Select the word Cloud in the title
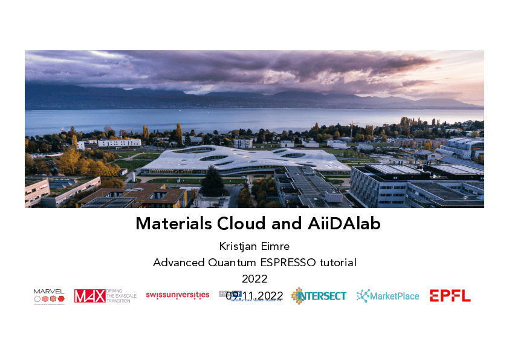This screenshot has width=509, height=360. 241,224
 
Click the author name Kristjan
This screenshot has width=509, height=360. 238,247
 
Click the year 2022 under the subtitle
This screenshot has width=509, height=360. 254,279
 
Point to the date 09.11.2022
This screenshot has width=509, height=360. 254,295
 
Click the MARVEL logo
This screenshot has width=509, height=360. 49,295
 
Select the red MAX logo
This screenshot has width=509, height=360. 89,296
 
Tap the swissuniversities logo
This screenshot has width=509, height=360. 177,295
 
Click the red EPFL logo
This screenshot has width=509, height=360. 450,296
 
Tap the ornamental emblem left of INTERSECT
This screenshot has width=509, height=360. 297,296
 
